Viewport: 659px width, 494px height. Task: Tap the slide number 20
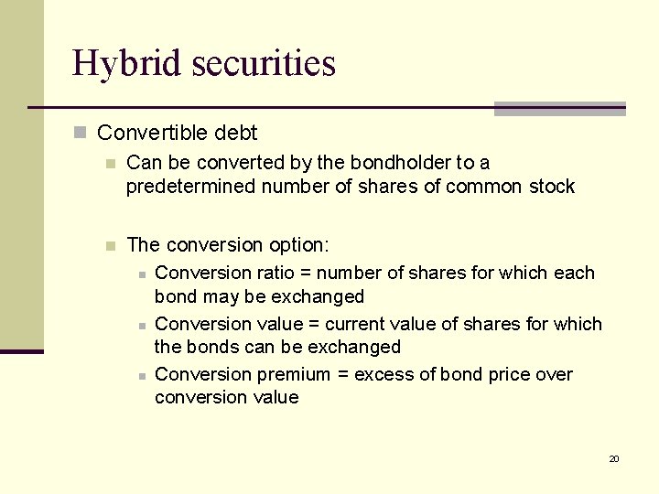tap(614, 458)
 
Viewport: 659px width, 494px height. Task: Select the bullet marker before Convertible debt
tap(81, 134)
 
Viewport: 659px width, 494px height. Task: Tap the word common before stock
tap(487, 187)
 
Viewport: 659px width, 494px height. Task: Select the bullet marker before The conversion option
tap(111, 245)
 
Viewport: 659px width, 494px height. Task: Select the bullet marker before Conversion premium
tap(141, 375)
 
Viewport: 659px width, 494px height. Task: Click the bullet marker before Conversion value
tap(141, 325)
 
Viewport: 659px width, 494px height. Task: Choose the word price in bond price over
tap(495, 374)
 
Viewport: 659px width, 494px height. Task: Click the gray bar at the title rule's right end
tap(559, 109)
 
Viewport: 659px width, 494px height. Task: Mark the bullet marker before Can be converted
tap(111, 164)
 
